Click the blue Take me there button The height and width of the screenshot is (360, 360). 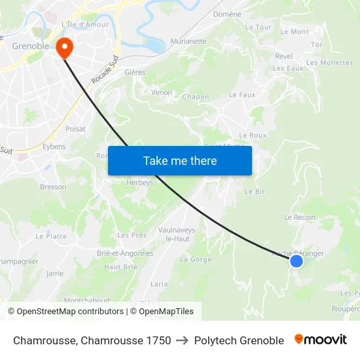click(x=180, y=161)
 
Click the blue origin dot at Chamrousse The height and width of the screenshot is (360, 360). click(x=297, y=261)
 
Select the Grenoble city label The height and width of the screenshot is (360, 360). click(x=31, y=46)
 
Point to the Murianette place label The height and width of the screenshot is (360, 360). click(x=188, y=41)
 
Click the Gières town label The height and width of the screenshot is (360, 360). click(x=135, y=73)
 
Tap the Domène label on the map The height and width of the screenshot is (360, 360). click(x=227, y=14)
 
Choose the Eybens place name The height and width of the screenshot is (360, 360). click(x=54, y=147)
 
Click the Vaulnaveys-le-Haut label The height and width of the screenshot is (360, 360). click(x=177, y=234)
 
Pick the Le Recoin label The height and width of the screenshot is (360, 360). click(x=300, y=217)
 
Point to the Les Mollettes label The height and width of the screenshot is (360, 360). click(x=329, y=63)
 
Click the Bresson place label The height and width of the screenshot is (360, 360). click(x=53, y=187)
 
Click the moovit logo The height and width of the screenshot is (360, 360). click(x=320, y=340)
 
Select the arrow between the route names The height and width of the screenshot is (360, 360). click(x=183, y=340)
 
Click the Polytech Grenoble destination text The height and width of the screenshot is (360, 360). click(x=239, y=340)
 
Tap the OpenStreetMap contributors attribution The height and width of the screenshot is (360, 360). click(x=66, y=312)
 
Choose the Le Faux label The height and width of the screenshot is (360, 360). click(x=242, y=95)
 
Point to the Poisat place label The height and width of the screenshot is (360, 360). click(x=75, y=129)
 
